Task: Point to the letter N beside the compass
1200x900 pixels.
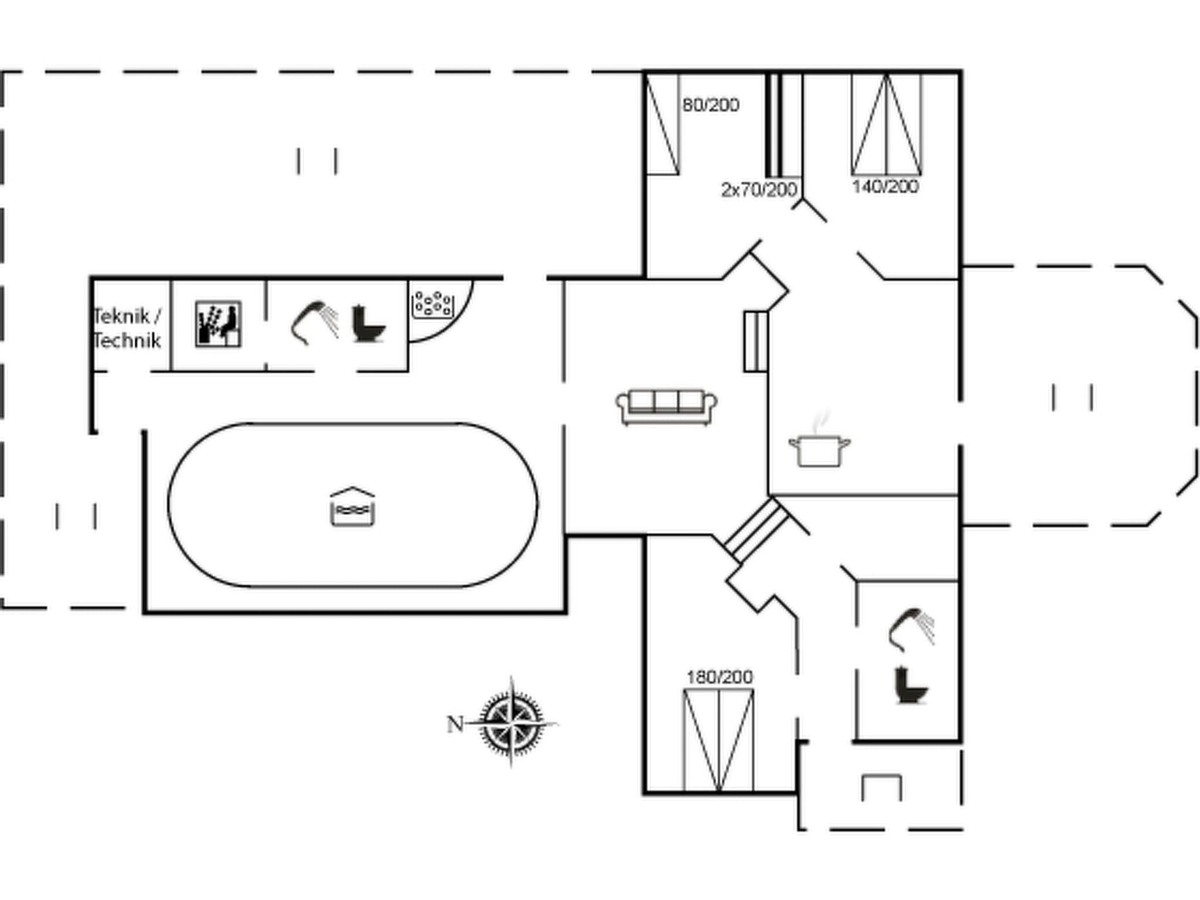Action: click(455, 725)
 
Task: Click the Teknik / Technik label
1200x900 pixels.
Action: click(127, 328)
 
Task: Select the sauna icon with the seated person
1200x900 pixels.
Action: click(218, 324)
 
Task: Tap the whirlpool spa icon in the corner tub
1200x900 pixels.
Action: click(433, 304)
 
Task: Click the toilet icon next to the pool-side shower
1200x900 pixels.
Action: click(369, 324)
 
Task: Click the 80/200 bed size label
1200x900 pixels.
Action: click(710, 105)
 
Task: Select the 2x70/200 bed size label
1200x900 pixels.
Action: click(759, 189)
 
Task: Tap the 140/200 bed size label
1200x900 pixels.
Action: click(885, 187)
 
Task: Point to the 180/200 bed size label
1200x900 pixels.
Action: click(719, 677)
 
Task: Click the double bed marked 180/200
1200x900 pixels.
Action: click(718, 741)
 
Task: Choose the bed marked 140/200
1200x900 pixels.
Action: click(886, 125)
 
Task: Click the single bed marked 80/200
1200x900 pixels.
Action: click(663, 125)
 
